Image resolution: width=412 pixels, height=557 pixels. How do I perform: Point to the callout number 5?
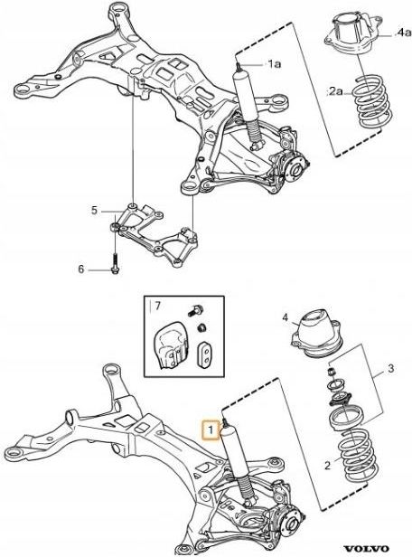click(x=93, y=211)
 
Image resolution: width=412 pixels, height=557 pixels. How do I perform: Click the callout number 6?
click(x=80, y=269)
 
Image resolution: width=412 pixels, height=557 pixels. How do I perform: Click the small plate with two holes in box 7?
click(x=205, y=354)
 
